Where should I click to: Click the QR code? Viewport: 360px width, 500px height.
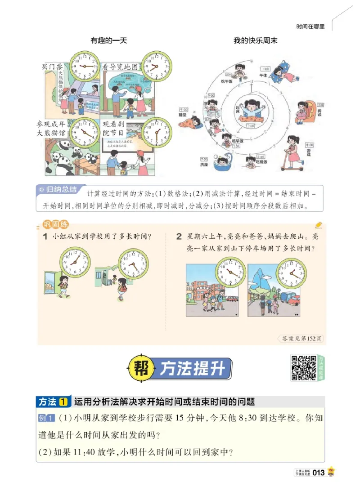(x=304, y=368)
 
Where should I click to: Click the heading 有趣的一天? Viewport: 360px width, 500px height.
(x=109, y=41)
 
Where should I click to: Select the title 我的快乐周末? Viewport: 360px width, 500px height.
(x=255, y=41)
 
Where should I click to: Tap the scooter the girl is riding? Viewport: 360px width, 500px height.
(x=293, y=165)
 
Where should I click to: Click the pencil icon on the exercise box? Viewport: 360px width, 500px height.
(x=319, y=224)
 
